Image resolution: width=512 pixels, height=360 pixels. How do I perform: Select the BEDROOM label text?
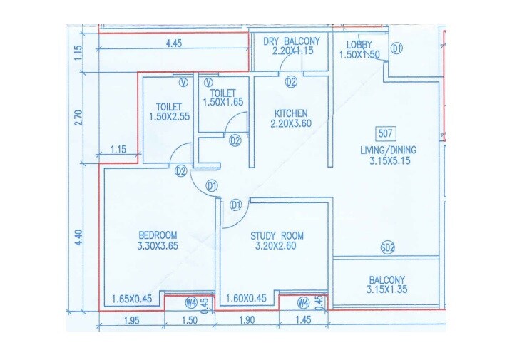click(158, 235)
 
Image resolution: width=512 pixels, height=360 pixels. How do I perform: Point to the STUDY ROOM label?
click(277, 236)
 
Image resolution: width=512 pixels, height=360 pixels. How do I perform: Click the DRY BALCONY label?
click(292, 41)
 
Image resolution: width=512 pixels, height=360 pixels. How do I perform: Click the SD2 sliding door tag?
click(387, 248)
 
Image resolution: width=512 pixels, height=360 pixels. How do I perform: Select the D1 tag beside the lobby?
click(397, 48)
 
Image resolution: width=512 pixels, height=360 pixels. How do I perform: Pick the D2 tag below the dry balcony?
click(291, 82)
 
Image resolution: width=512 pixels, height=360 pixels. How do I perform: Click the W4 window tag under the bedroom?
click(190, 302)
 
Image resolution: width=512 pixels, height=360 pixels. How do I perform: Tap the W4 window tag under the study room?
click(303, 302)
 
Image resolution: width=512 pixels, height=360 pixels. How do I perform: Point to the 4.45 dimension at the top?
click(173, 43)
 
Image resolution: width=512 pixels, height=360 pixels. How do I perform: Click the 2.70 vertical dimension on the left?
click(78, 115)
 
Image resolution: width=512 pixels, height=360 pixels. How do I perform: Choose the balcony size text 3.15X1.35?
click(387, 290)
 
